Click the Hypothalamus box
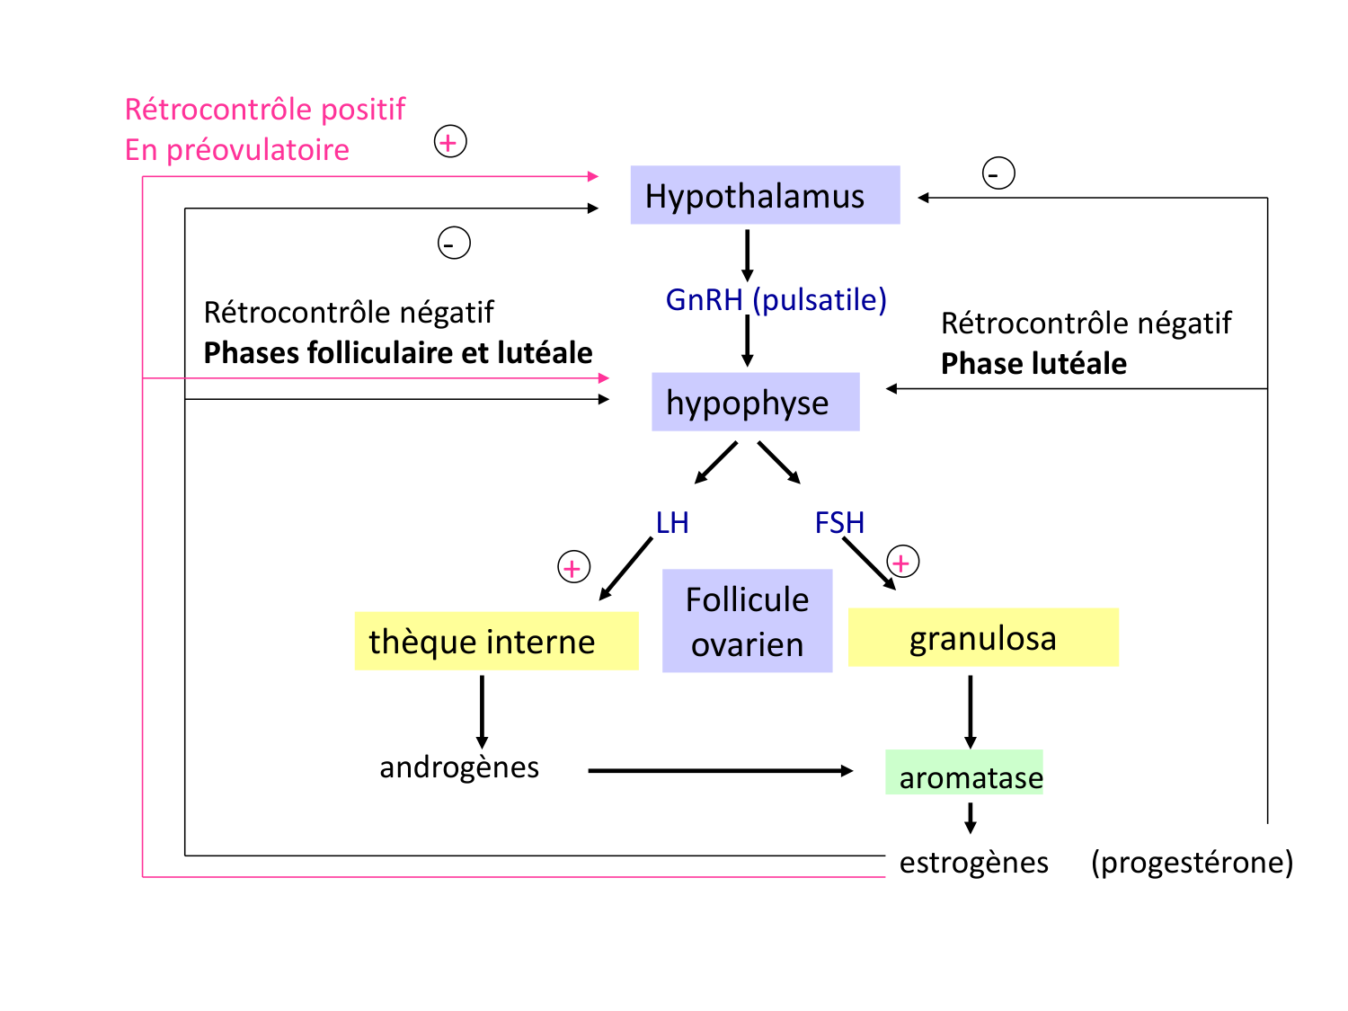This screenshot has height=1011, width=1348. point(764,195)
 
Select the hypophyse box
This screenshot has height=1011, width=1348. point(755,402)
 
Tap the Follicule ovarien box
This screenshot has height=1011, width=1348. point(747,621)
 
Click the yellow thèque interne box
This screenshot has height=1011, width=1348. point(496,641)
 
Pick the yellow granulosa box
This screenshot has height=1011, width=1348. point(983,637)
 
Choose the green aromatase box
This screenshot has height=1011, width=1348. point(964,774)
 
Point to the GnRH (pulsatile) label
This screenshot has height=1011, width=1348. point(776,299)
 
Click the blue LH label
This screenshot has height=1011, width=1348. point(672,522)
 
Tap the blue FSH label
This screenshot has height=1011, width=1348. point(839,522)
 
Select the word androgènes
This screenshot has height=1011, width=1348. point(459,767)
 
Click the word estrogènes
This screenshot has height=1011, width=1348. point(973,863)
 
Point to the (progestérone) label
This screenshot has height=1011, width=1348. point(1192,863)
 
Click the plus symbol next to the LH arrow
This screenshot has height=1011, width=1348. point(573,567)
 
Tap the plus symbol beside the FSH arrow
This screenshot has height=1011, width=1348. point(902,562)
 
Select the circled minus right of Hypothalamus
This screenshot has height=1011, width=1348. point(998,173)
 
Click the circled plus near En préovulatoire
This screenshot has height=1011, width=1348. point(450,142)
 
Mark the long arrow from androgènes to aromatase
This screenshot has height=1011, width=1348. point(719,770)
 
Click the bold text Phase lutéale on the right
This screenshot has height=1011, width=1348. point(1033,363)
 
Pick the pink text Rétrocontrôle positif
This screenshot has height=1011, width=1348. point(265,109)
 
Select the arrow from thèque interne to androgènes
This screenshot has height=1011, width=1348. point(482,711)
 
